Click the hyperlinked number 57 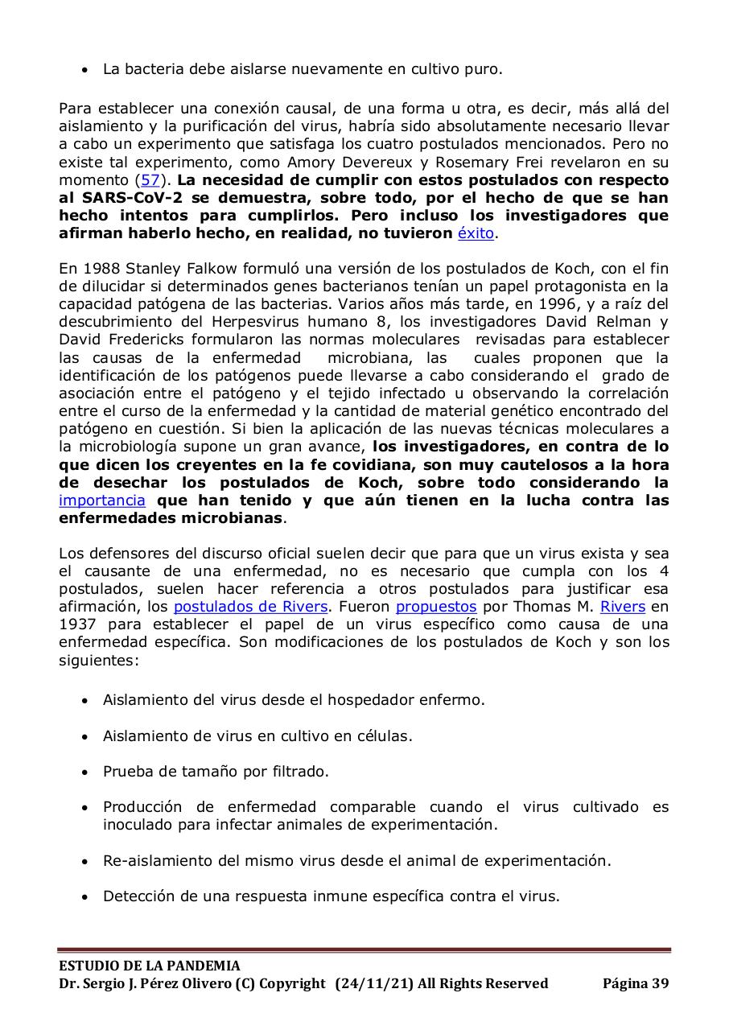point(150,180)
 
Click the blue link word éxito point(476,233)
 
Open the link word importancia point(102,501)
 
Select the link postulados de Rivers point(250,607)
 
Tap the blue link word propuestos point(436,607)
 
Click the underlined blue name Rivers point(623,607)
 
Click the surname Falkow point(219,269)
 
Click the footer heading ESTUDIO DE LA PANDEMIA point(150,966)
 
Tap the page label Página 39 point(636,983)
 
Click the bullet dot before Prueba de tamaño point(85,772)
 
